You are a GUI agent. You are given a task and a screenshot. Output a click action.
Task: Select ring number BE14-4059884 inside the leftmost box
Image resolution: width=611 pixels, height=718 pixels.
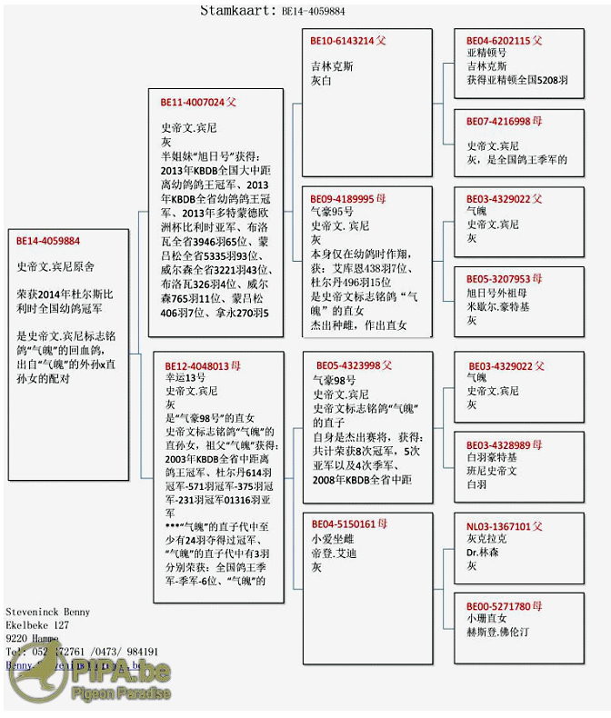point(48,241)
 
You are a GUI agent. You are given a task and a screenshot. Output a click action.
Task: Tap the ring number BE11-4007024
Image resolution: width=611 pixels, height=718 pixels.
point(193,103)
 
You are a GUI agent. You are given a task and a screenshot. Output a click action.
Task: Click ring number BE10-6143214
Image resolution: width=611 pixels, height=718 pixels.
point(342,41)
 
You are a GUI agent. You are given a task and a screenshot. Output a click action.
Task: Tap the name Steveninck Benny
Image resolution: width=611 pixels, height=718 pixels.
point(48,613)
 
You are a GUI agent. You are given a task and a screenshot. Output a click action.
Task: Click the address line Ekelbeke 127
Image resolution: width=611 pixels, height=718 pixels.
point(37,625)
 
